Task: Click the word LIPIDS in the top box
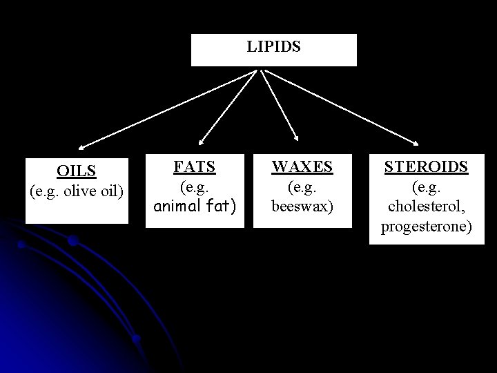[x=274, y=48]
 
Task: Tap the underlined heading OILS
[x=77, y=170]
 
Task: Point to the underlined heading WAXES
[x=302, y=166]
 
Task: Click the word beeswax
[x=302, y=206]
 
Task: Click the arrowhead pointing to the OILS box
[x=81, y=147]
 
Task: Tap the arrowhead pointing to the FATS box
[x=199, y=139]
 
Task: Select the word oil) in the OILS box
[x=112, y=191]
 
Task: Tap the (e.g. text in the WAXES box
[x=302, y=186]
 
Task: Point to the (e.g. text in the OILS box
[x=45, y=191]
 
